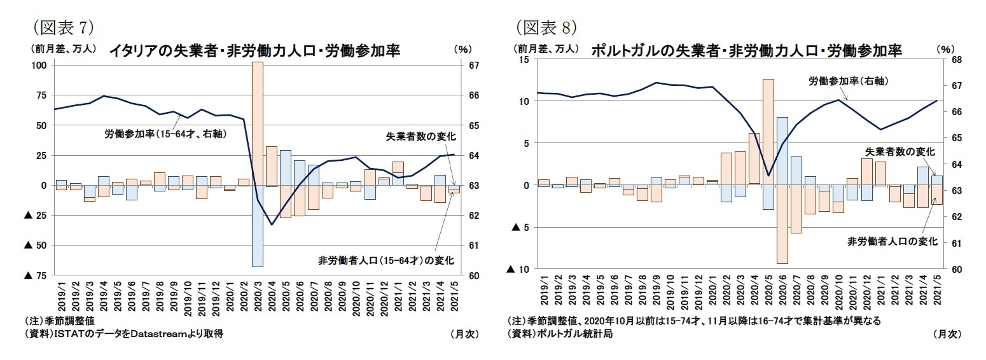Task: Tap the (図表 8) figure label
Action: pyautogui.click(x=546, y=27)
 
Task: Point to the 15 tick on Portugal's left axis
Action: pyautogui.click(x=524, y=59)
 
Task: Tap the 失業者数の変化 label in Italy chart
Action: pyautogui.click(x=420, y=135)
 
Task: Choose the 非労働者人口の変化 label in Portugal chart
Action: pyautogui.click(x=892, y=241)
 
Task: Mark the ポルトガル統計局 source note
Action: pyautogui.click(x=560, y=333)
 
